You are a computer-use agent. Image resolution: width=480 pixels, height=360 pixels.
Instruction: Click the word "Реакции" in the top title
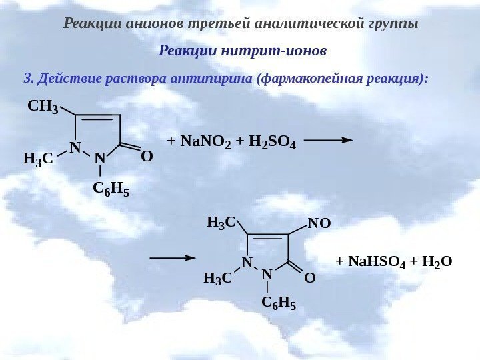[x=88, y=24]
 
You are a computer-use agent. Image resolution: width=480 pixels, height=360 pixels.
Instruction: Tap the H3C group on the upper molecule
[x=38, y=159]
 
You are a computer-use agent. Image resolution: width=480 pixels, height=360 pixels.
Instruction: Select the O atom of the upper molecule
[x=147, y=157]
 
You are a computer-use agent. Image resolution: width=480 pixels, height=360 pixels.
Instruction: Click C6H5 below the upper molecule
[x=111, y=191]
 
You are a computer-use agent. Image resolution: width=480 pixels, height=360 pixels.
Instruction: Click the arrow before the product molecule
[x=173, y=257]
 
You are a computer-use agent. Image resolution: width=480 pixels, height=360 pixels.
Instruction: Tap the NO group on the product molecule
[x=319, y=223]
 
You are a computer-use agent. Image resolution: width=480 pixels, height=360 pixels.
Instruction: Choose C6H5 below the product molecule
[x=278, y=304]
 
